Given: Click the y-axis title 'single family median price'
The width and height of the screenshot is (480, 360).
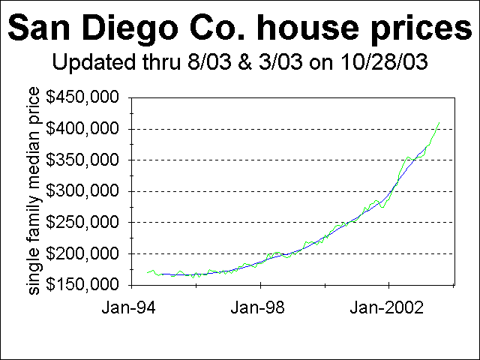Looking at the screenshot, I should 34,190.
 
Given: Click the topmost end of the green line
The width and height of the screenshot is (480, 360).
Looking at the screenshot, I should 439,122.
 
